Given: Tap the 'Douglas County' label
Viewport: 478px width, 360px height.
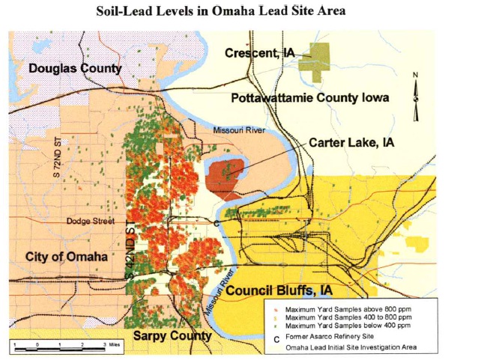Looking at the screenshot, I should tap(75, 69).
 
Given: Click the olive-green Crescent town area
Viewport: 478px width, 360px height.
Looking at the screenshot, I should tap(315, 58).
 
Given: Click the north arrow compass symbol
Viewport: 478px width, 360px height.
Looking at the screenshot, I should tap(417, 94).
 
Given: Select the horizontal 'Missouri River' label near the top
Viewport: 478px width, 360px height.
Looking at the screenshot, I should tap(238, 130).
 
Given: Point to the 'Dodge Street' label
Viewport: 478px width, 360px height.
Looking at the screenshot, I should tap(88, 221).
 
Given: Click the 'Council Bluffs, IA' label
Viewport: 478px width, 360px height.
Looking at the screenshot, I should tap(279, 290).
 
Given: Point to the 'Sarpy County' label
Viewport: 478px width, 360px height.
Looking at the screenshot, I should tap(172, 336).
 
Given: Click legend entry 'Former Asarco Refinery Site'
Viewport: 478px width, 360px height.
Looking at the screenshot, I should tap(336, 336).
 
